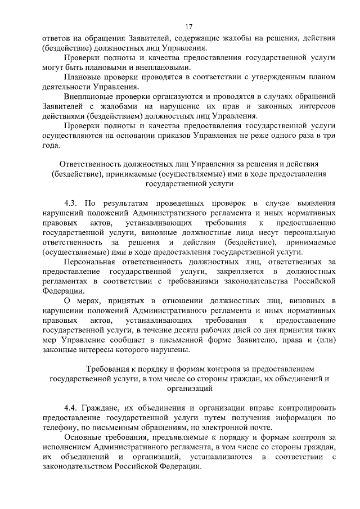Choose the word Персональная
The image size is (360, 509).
coord(91,262)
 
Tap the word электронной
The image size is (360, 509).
coord(208,427)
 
